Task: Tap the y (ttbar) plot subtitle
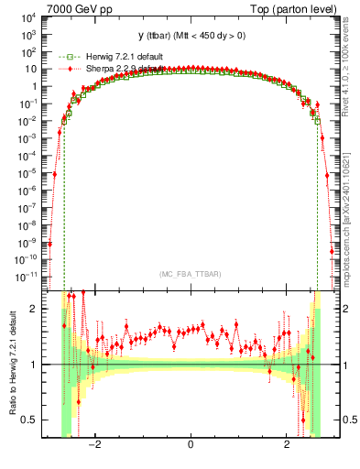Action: [190, 36]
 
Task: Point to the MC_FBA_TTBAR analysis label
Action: [190, 273]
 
